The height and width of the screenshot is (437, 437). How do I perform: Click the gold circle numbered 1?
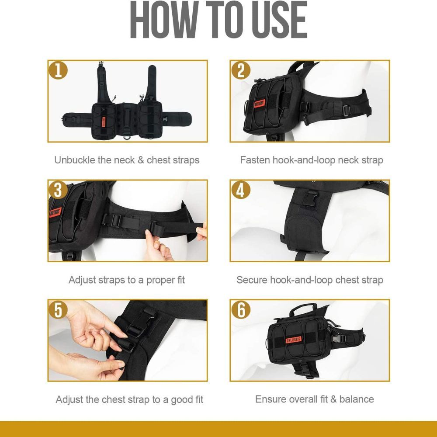click(58, 70)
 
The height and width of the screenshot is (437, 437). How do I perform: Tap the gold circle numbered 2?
click(241, 70)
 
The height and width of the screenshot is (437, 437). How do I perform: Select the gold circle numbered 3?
click(58, 190)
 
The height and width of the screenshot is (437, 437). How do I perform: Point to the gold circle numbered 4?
click(241, 190)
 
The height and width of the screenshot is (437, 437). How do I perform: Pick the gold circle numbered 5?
click(58, 310)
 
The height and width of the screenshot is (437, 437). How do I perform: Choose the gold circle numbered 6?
click(241, 310)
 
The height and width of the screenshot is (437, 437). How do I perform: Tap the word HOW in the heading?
click(164, 20)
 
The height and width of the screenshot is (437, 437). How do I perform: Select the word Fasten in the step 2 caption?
click(255, 160)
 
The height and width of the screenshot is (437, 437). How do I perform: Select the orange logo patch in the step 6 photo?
click(293, 340)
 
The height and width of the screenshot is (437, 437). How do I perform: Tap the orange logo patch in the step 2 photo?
click(259, 104)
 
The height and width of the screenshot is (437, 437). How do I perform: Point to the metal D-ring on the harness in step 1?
click(127, 136)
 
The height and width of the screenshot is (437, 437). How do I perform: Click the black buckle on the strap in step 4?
click(310, 198)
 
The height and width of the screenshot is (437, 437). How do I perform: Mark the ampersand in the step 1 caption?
click(141, 160)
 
